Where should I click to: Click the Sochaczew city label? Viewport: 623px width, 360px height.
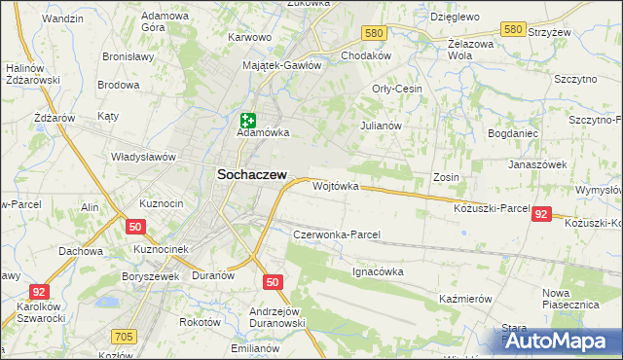249,173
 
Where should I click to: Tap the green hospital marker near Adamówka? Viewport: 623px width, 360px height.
247,121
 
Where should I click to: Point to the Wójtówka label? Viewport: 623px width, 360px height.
336,185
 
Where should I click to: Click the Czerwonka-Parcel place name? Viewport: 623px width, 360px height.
336,234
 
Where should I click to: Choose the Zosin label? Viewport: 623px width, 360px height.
446,177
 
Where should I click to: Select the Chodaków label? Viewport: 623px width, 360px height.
366,55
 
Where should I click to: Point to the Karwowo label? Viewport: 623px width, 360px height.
248,37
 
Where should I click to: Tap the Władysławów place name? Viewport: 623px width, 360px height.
143,156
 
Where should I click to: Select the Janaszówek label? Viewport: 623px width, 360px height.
537,164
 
